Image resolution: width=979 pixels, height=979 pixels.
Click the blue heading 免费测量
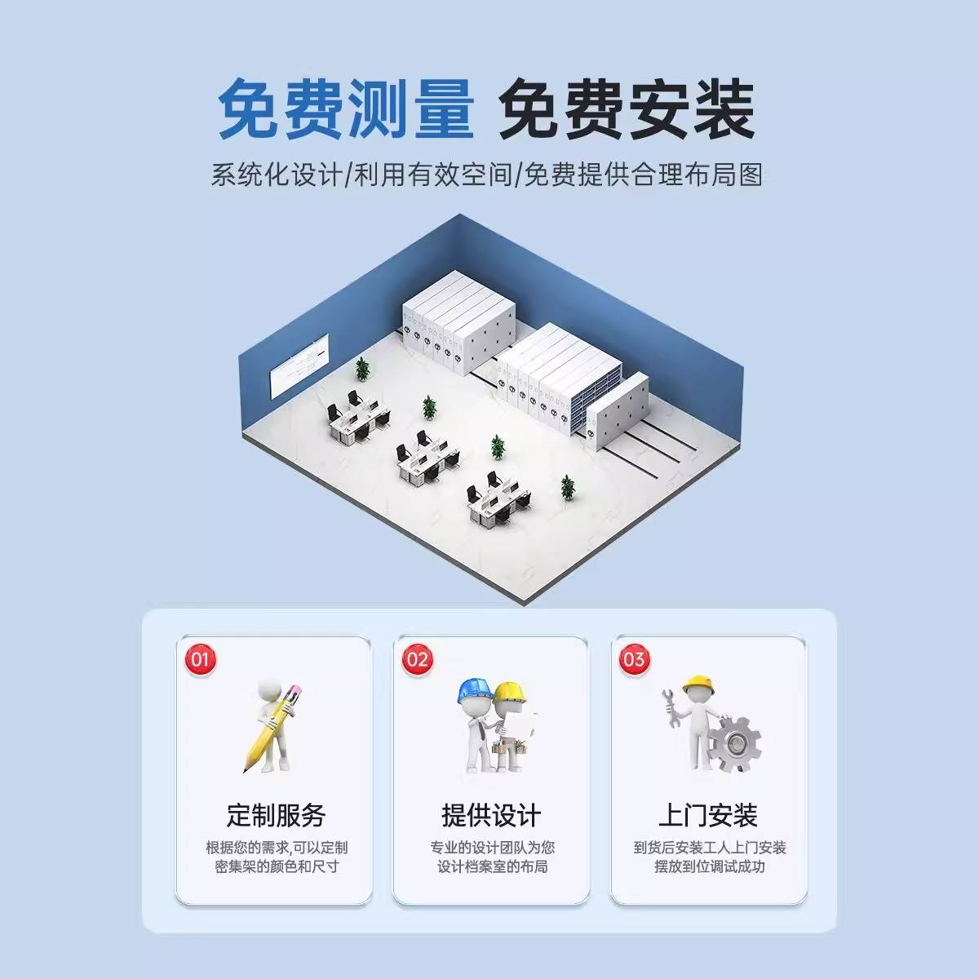pos(346,109)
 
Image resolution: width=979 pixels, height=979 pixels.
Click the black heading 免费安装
pos(627,109)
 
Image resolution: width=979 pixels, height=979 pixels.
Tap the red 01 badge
pos(200,659)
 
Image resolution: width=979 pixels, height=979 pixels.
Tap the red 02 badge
pos(417,659)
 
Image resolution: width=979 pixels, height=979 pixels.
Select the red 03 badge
pos(634,659)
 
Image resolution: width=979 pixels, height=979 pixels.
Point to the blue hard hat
pos(473,690)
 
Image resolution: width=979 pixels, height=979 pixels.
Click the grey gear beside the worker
pos(733,743)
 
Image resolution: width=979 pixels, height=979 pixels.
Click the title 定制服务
pos(276,815)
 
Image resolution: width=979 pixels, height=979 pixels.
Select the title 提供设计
pos(491,815)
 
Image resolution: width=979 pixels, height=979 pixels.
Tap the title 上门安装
pos(708,815)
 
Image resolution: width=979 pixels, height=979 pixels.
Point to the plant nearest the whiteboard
pos(362,370)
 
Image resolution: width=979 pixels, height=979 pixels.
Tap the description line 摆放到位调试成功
pos(709,866)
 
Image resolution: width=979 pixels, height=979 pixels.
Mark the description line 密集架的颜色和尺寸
pos(277,866)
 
